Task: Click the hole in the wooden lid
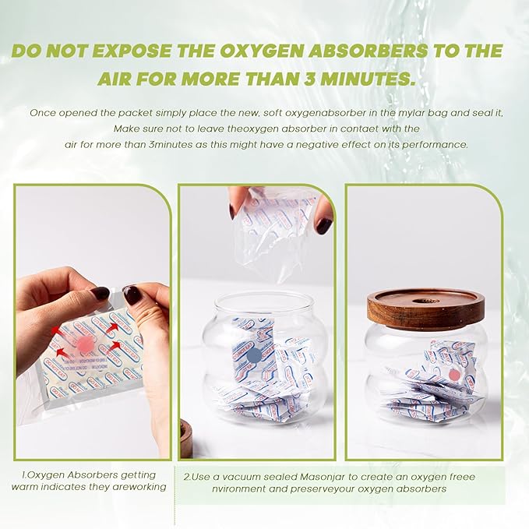[x=425, y=297]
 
